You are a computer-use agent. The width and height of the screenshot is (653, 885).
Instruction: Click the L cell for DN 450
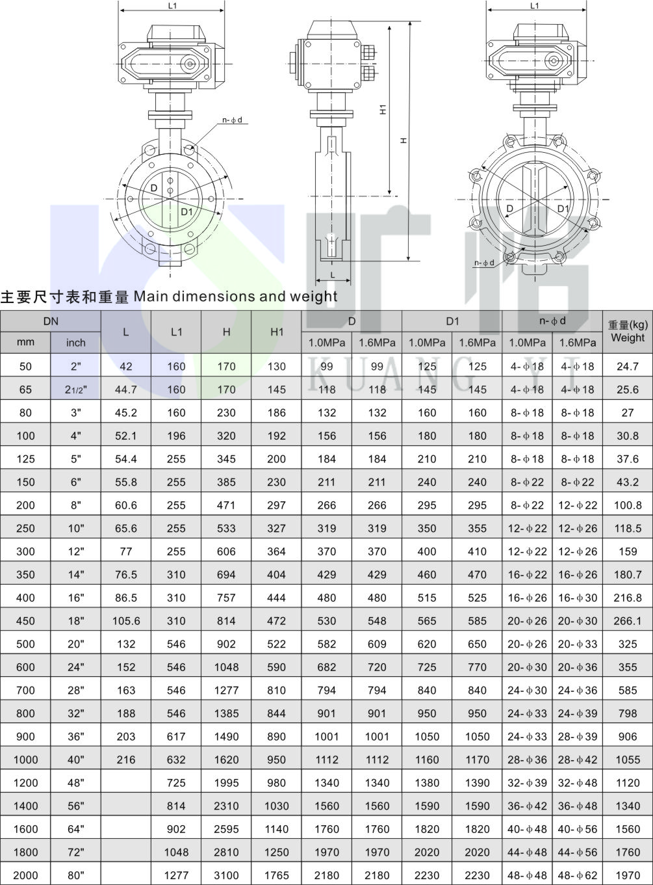126,621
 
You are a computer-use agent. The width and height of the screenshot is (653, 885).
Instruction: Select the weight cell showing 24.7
628,366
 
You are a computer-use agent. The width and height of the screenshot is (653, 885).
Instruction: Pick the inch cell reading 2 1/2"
76,390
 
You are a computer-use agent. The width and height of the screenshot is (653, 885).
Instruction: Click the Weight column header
628,332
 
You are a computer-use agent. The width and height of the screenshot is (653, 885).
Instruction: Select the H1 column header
276,332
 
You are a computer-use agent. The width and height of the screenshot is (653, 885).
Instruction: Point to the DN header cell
51,321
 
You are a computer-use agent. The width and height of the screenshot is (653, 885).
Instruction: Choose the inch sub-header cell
76,342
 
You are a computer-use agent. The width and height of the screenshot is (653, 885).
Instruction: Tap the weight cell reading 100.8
628,505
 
